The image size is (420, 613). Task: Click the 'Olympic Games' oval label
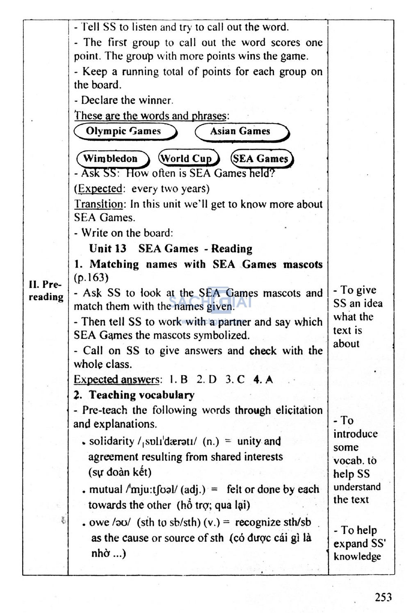click(124, 132)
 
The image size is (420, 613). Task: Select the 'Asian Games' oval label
click(241, 132)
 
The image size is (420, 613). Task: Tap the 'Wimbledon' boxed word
click(111, 159)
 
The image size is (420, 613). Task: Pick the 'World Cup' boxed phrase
click(188, 159)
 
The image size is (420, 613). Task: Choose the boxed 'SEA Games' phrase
click(261, 159)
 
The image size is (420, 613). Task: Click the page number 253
click(383, 597)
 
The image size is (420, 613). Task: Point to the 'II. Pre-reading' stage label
click(46, 291)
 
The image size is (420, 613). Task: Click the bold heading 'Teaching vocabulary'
click(142, 395)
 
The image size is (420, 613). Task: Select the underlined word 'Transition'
click(98, 204)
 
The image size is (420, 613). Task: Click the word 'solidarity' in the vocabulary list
click(112, 441)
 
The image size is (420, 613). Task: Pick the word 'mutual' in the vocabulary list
click(106, 490)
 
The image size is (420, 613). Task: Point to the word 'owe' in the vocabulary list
click(99, 522)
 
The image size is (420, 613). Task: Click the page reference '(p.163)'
click(91, 278)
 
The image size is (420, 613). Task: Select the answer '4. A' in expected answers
click(263, 380)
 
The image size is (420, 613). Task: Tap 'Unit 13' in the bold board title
click(107, 248)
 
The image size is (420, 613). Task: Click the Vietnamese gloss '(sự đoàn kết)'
click(120, 472)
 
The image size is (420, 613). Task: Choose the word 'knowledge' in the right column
click(357, 556)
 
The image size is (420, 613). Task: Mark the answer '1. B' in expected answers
click(178, 380)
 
